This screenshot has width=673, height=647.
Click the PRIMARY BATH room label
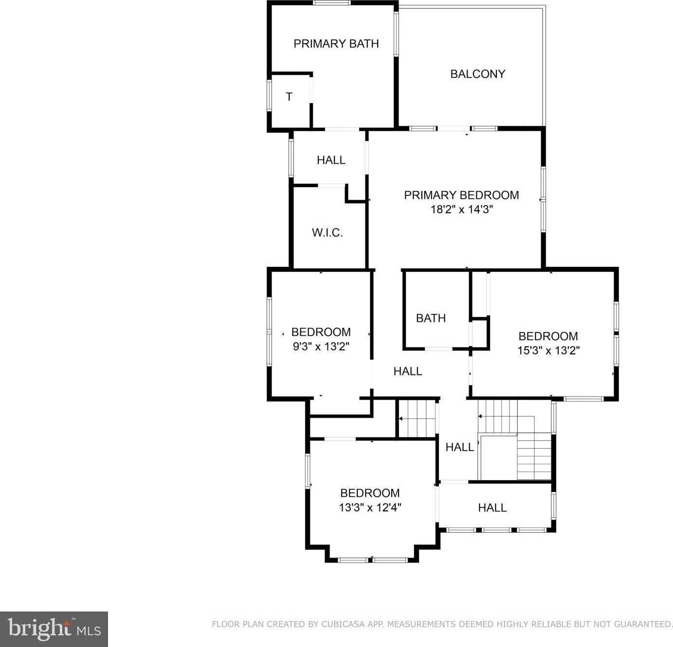tap(336, 44)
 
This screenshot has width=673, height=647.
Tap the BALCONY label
tap(477, 74)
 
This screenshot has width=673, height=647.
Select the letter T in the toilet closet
tap(289, 97)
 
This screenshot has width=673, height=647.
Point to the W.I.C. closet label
tap(327, 233)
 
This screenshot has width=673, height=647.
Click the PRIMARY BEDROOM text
tap(461, 195)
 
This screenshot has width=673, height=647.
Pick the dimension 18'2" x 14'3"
tap(461, 210)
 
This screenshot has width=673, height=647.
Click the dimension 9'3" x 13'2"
tap(321, 346)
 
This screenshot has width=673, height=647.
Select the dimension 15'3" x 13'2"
tap(548, 350)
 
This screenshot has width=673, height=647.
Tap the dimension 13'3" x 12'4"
tap(370, 507)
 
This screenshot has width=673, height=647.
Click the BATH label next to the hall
tap(431, 318)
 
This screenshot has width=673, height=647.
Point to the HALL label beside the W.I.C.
tap(331, 160)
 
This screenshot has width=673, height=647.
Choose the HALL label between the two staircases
tap(459, 447)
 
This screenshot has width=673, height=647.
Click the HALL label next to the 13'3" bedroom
tap(492, 507)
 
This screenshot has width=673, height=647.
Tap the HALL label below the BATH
tap(407, 371)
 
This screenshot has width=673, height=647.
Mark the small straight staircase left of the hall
tap(417, 419)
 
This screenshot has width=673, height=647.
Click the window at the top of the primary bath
tap(332, 3)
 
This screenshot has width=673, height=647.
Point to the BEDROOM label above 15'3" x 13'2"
tap(548, 336)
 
